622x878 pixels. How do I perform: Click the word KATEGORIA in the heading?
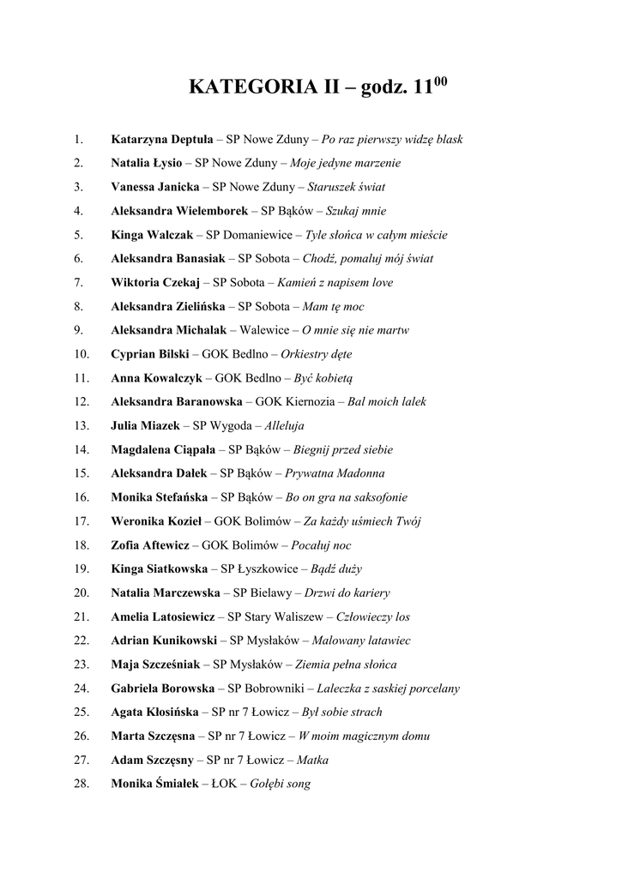click(x=240, y=88)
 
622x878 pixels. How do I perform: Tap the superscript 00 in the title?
click(x=440, y=82)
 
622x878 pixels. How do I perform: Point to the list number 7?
click(x=79, y=282)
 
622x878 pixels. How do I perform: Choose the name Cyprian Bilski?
click(x=150, y=353)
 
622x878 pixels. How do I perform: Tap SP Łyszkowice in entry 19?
click(x=259, y=568)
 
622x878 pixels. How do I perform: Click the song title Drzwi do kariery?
click(x=347, y=592)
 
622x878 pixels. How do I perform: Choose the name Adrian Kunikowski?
click(x=163, y=640)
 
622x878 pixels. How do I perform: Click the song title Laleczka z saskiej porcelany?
click(x=388, y=688)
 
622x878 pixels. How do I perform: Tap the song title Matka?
click(x=312, y=760)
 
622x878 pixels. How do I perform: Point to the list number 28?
click(x=82, y=784)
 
